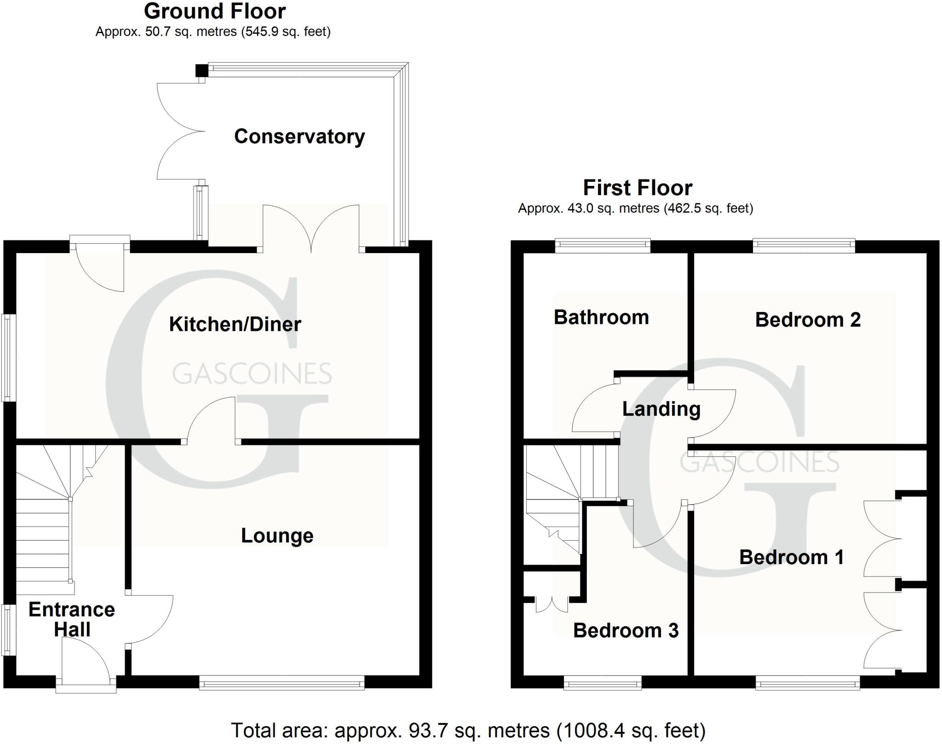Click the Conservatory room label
coord(299,137)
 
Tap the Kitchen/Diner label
coord(235,324)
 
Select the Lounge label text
coord(277,536)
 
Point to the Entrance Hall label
coord(72,619)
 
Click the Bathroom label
coord(601,317)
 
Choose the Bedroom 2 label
coord(808,320)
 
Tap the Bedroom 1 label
coord(791,557)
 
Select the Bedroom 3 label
coord(626,630)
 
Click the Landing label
coord(661,409)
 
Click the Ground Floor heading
coord(215,11)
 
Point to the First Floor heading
coord(638,188)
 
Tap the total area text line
coord(468,730)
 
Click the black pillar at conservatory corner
coord(201,70)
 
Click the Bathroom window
coord(603,246)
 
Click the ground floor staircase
coord(44,529)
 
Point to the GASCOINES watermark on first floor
coord(759,462)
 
